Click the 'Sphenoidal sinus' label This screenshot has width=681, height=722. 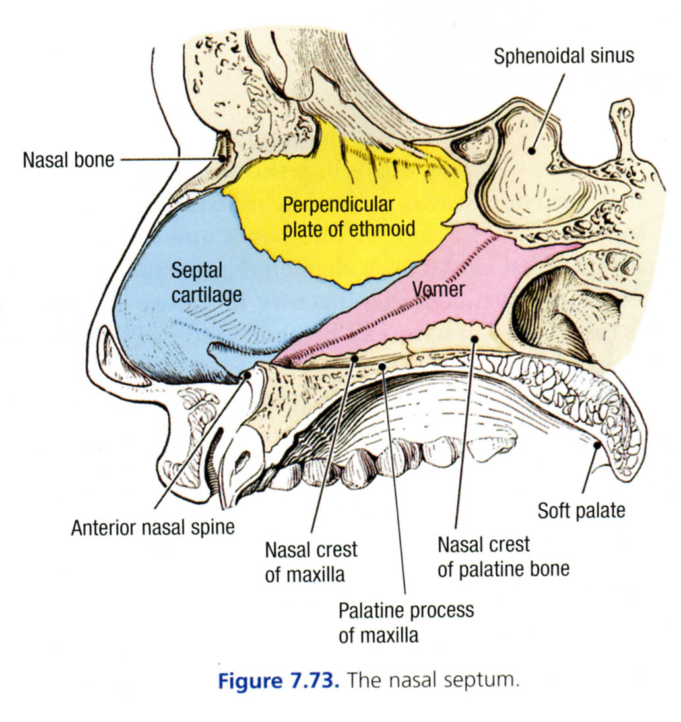pos(564,55)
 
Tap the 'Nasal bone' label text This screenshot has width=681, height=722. pos(68,159)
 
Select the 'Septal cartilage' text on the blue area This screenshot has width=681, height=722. pos(206,282)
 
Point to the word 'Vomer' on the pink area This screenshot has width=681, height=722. pos(439,289)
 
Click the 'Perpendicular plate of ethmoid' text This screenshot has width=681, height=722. pos(348,216)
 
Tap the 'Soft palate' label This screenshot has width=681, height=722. pos(581,510)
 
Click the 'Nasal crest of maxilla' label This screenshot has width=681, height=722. pos(311,562)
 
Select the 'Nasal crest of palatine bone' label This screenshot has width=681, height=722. pos(503,557)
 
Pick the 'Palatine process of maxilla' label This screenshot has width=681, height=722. pos(406,623)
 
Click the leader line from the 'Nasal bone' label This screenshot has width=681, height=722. pos(168,159)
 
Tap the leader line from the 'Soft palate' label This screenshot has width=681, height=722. pos(589,472)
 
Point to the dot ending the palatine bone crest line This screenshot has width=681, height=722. pos(474,339)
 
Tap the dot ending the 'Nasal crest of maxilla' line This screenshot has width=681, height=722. pos(354,358)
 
